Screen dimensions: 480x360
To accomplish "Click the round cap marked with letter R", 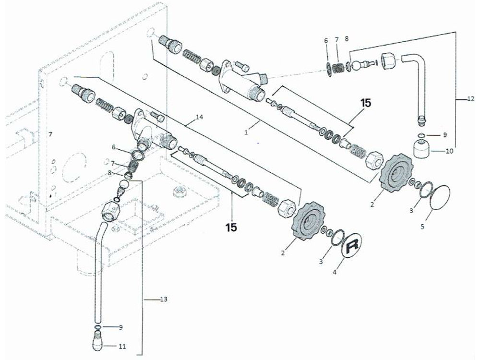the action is [352, 245].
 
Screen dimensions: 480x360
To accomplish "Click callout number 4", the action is [335, 272].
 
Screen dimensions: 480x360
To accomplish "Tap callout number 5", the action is [422, 227].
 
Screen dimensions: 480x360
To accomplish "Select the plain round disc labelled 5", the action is [440, 197].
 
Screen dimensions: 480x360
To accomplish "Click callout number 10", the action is [449, 151].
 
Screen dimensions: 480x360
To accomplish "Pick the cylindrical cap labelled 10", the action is [423, 148].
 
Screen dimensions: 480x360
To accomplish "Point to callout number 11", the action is [122, 347].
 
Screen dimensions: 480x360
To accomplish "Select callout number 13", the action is [164, 299].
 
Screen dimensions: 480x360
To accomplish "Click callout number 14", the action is [200, 117].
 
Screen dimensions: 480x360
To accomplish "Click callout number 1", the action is [246, 132].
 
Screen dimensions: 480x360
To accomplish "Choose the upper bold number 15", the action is [365, 103].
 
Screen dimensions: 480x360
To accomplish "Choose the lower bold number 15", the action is [231, 227].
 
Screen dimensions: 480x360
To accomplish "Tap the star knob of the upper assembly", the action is [397, 173].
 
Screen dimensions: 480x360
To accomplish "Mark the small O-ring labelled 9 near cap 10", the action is [421, 135].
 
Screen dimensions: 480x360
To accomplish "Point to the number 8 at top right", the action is [346, 39].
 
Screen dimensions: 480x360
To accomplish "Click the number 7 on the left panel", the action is [50, 134].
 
